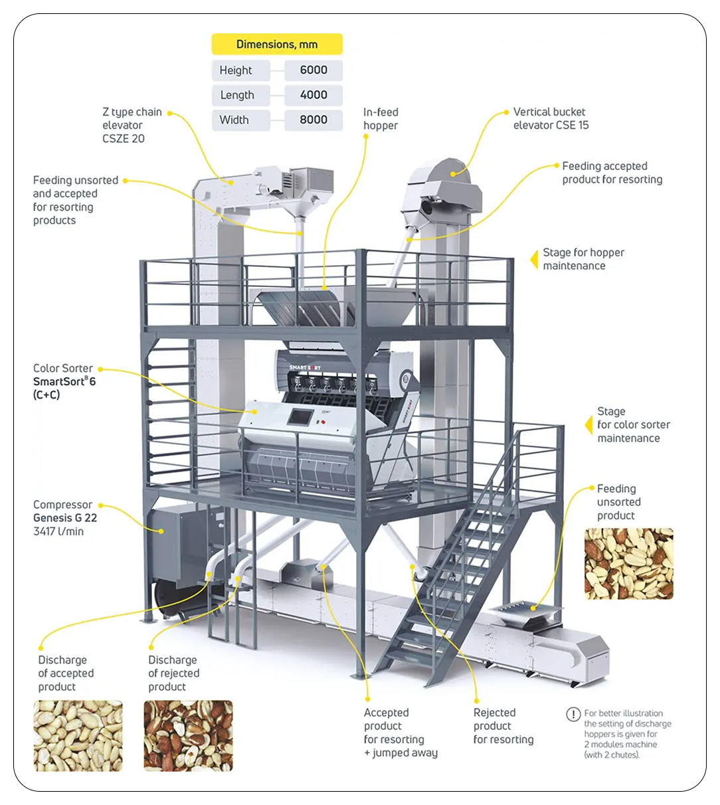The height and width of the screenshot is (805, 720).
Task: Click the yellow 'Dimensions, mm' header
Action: click(x=277, y=45)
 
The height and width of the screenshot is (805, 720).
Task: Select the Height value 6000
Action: click(x=314, y=70)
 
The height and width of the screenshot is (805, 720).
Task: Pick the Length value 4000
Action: click(x=314, y=95)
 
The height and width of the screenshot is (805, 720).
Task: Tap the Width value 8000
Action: click(x=314, y=120)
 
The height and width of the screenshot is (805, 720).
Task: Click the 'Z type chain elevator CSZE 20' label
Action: click(x=132, y=125)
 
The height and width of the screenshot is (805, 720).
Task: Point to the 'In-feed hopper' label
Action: click(x=381, y=119)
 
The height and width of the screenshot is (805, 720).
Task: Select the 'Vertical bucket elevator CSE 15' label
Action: click(x=551, y=118)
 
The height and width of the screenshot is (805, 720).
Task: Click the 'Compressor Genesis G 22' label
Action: click(x=65, y=517)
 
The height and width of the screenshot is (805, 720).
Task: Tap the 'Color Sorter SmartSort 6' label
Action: click(x=64, y=381)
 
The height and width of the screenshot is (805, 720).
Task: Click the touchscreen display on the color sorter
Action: click(x=299, y=417)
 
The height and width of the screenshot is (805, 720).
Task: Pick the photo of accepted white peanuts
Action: click(x=78, y=735)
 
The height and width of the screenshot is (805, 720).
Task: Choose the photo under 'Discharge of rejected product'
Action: click(x=188, y=735)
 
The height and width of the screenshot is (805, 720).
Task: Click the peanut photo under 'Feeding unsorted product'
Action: click(x=628, y=564)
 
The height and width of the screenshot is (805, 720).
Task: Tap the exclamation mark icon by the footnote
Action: click(x=573, y=714)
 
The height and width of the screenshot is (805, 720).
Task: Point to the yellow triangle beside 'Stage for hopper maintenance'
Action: click(x=534, y=259)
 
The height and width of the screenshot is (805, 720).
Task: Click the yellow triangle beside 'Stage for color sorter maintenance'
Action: click(x=588, y=425)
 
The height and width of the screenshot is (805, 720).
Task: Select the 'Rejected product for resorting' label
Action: click(x=503, y=725)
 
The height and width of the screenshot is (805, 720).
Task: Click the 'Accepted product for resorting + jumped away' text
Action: click(x=400, y=732)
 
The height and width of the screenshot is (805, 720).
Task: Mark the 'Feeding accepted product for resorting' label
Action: click(x=612, y=173)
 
